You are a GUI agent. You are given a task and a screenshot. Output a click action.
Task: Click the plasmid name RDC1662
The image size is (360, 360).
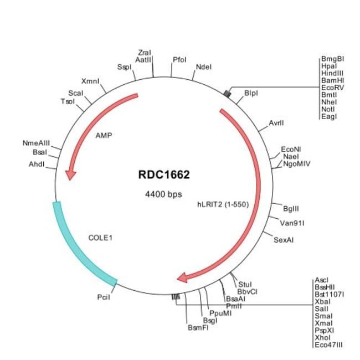164,176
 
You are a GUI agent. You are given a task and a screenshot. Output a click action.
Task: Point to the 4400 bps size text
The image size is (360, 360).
164,194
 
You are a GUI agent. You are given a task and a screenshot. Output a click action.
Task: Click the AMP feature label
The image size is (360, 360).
104,135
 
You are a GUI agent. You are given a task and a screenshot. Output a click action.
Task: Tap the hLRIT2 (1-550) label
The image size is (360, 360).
223,204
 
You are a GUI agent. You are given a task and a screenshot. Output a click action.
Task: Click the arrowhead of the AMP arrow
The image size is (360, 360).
70,174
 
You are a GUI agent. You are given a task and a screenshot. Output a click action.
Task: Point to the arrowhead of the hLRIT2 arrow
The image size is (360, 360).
182,277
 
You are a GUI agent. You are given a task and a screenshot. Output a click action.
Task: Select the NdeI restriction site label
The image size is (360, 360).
204,67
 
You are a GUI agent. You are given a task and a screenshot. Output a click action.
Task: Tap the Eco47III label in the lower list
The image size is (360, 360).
328,344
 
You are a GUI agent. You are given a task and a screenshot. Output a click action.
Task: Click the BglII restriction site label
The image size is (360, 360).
291,208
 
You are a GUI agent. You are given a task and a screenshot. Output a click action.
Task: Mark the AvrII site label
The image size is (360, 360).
276,123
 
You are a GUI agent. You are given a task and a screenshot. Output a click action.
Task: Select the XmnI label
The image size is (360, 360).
90,81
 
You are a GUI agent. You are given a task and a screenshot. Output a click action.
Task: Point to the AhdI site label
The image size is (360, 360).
37,164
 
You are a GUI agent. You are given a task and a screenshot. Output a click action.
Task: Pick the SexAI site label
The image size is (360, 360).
284,239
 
